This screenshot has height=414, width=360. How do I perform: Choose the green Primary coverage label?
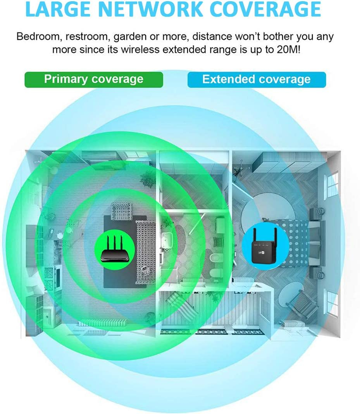[94, 79]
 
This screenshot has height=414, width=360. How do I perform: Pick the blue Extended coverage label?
[256, 79]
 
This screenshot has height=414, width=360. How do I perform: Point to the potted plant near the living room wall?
[148, 179]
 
